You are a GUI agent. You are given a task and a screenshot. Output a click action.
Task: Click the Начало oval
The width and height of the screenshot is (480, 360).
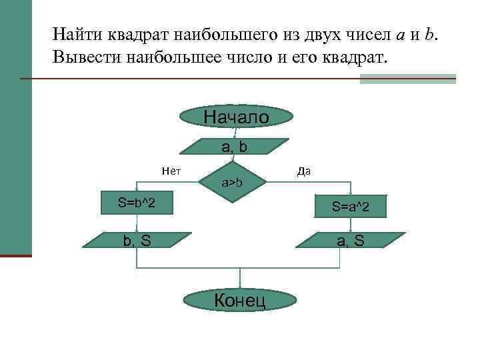pos(236,117)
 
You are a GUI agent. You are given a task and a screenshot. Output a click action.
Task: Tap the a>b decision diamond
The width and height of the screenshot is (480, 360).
pos(232,182)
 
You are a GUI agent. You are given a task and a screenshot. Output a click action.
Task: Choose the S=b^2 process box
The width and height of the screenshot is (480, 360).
pos(137,202)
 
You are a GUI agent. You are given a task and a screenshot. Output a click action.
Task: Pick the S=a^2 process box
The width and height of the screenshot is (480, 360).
pos(351,209)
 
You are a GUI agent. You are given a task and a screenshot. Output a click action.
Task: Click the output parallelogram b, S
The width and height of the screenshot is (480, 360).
pos(137,241)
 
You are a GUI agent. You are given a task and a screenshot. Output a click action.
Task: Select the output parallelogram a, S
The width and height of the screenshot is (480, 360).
pos(351,241)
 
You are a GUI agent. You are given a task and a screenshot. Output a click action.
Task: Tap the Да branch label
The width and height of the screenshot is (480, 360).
pos(304,171)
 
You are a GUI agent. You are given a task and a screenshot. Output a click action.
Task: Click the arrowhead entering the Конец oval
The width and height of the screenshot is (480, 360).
pos(239,286)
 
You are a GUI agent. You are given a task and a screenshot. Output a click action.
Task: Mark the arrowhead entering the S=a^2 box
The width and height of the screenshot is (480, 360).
pos(351,195)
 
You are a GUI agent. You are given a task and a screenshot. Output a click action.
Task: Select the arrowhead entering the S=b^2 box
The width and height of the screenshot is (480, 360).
pos(137,192)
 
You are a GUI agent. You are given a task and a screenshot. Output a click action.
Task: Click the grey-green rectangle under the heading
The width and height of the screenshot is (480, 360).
pos(407,79)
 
